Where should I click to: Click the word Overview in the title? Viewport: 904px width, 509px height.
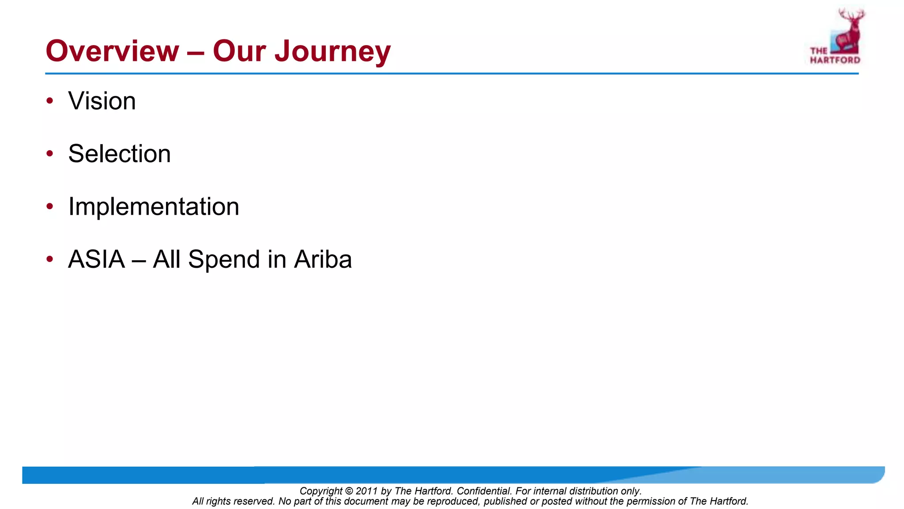[x=113, y=51]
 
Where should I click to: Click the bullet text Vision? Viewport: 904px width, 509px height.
[x=102, y=101]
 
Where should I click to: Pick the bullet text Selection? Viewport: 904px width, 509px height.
[x=119, y=154]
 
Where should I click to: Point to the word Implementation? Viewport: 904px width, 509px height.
[x=154, y=206]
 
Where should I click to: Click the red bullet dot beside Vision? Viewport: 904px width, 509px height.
[x=50, y=101]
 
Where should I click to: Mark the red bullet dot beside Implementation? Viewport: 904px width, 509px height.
[x=50, y=206]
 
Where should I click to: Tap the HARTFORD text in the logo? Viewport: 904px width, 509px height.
[x=835, y=60]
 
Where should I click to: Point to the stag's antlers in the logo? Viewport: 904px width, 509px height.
[x=852, y=14]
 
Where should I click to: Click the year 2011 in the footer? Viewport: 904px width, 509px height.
[x=366, y=491]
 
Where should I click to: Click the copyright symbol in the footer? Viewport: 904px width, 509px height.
[x=349, y=491]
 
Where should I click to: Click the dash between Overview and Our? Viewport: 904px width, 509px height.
[x=196, y=52]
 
